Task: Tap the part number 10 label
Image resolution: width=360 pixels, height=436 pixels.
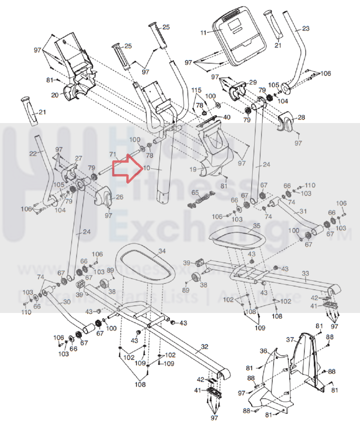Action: tap(146, 168)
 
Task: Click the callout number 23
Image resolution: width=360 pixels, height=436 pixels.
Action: tap(306, 28)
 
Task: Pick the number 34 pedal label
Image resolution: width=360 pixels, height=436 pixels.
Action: tap(162, 251)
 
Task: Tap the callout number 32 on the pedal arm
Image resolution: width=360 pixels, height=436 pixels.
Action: tap(204, 347)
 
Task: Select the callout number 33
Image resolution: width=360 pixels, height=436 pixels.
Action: tap(305, 273)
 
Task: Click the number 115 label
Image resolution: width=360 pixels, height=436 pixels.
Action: tap(197, 90)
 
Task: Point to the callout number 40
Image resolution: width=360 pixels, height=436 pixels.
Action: tap(227, 117)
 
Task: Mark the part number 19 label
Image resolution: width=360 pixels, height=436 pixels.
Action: tap(193, 169)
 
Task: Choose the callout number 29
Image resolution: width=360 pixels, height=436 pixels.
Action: tap(253, 82)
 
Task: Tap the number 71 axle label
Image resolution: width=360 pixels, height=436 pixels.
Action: tap(113, 154)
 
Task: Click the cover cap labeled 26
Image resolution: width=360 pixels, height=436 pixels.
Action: tap(103, 198)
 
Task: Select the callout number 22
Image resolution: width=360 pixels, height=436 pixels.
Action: tap(33, 153)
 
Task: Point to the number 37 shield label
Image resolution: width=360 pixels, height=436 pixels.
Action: tap(290, 339)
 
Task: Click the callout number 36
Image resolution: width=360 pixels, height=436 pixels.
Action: tap(264, 351)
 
